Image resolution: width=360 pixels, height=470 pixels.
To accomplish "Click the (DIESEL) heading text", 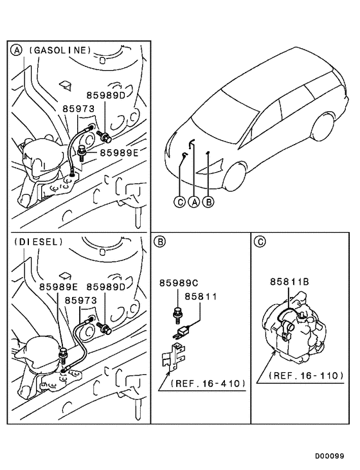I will click(37, 242).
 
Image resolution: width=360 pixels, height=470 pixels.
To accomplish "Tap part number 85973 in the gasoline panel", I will click(78, 109).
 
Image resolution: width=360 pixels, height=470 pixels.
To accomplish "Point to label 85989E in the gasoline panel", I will click(120, 152).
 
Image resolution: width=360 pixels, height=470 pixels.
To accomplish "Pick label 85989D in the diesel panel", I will click(107, 286).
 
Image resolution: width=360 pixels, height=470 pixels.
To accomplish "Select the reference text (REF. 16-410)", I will click(209, 384).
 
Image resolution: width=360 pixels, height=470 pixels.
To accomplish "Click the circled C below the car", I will click(181, 202).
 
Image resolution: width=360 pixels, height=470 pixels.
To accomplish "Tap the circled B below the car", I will click(208, 202).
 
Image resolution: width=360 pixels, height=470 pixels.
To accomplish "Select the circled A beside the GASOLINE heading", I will click(15, 50).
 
